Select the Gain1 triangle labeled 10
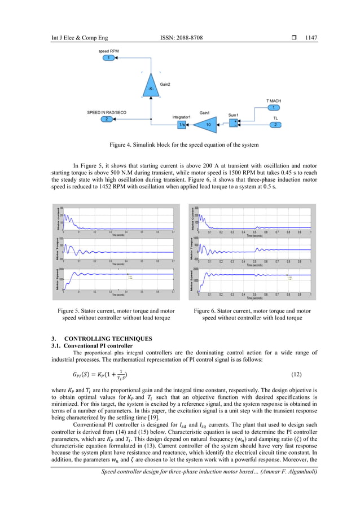(x=208, y=124)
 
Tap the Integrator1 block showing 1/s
(x=182, y=124)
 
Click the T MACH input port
(x=274, y=108)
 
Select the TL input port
(x=274, y=125)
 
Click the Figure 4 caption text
(x=179, y=146)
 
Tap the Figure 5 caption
(x=116, y=314)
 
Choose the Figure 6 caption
(x=252, y=314)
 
